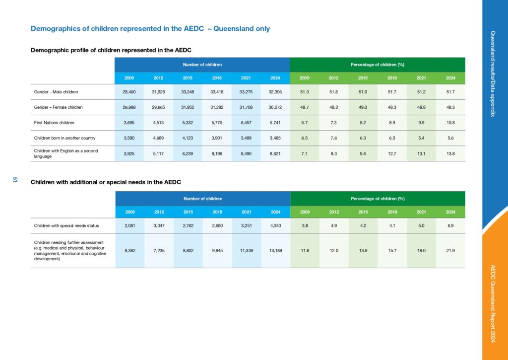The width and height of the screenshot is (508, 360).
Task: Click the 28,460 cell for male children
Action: (x=129, y=92)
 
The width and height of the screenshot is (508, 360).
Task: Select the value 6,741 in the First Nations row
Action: (x=275, y=123)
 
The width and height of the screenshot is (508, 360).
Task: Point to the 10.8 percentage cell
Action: (x=450, y=123)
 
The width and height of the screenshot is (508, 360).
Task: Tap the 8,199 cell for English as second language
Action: (x=217, y=154)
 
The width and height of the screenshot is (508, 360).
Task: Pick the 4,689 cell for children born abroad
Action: (x=158, y=138)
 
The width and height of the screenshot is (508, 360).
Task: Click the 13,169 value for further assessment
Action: (x=276, y=251)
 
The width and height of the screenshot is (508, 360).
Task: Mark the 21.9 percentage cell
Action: (x=450, y=251)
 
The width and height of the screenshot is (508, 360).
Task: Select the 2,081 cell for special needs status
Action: (x=130, y=226)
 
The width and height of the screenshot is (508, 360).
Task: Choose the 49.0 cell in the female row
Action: (x=363, y=107)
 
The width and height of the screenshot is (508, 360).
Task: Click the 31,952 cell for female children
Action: (x=188, y=107)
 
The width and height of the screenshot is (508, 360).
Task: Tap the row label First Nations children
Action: (x=54, y=123)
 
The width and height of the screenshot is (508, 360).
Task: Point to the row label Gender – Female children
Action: (x=59, y=107)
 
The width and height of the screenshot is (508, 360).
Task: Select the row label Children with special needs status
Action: (x=66, y=226)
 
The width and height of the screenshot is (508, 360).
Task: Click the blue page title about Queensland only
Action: (x=150, y=28)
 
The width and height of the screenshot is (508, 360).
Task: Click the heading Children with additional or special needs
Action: (x=106, y=182)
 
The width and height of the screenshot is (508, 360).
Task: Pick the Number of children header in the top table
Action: (x=202, y=65)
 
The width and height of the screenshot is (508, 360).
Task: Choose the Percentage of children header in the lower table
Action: (x=378, y=199)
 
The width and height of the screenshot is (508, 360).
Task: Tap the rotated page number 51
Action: (x=15, y=179)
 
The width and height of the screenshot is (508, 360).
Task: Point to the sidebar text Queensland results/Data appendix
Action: (x=493, y=73)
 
